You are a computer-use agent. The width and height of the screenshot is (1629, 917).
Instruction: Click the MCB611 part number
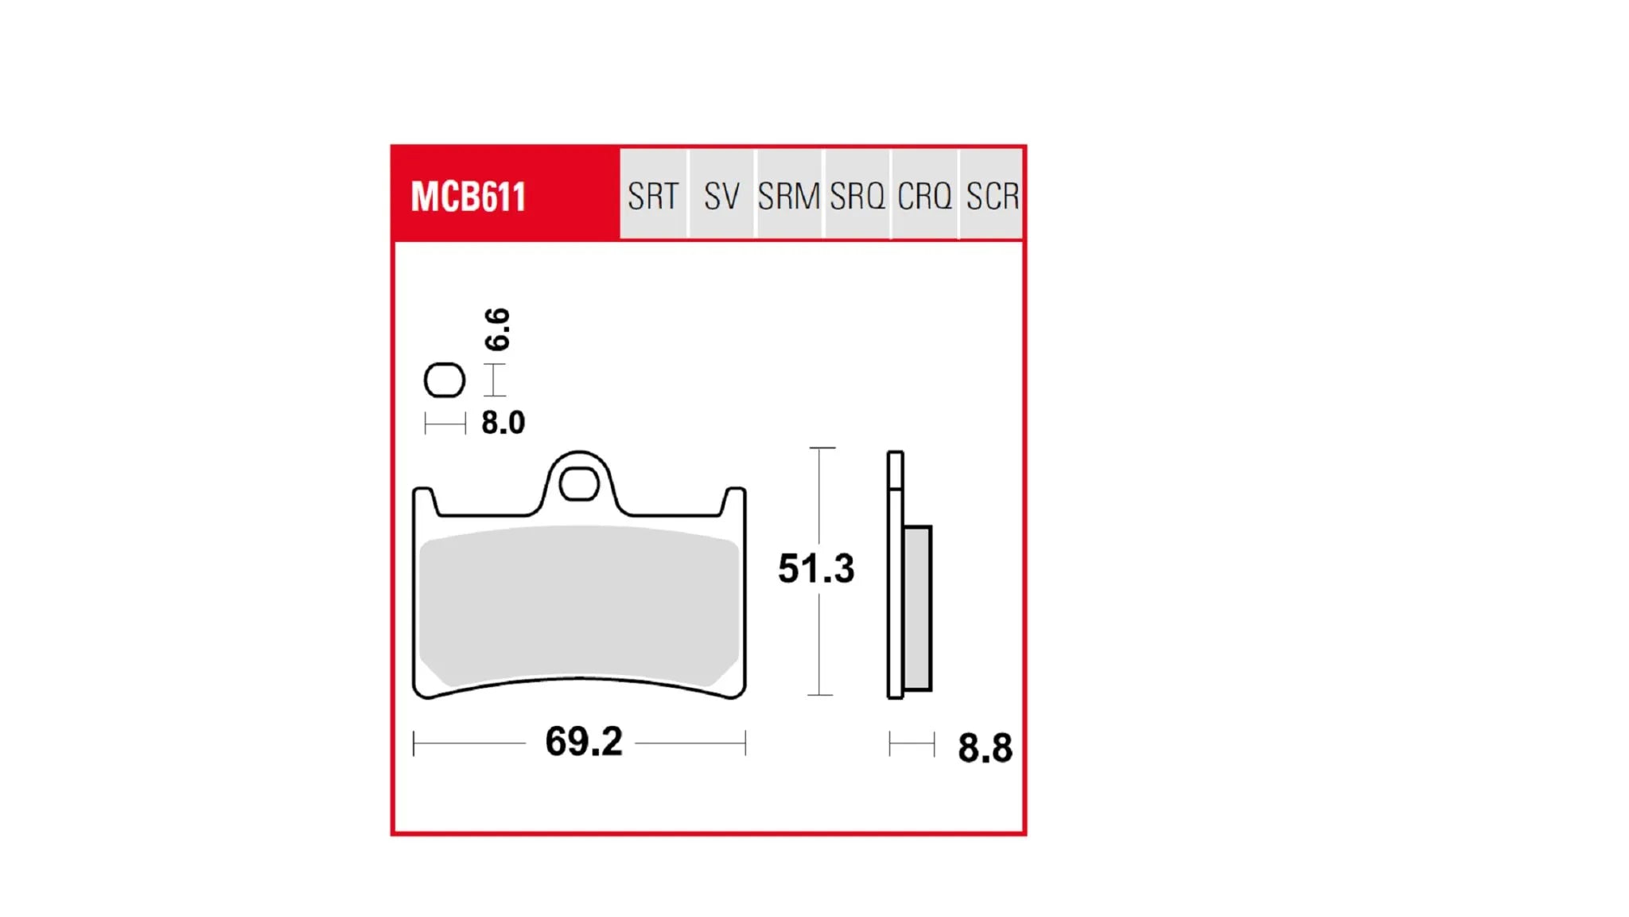(x=468, y=197)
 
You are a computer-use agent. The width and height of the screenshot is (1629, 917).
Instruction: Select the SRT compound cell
(x=653, y=196)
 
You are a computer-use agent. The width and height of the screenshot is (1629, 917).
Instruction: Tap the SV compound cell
(x=721, y=196)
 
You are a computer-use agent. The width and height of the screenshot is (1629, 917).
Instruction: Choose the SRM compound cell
(x=788, y=196)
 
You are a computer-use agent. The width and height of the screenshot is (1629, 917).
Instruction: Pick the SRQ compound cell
(x=857, y=196)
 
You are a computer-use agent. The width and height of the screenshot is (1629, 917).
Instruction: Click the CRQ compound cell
(x=924, y=196)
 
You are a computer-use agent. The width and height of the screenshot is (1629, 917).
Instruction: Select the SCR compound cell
(x=992, y=196)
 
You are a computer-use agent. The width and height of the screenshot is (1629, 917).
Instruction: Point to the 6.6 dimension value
(x=497, y=329)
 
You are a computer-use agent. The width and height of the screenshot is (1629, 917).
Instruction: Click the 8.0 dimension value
(x=503, y=423)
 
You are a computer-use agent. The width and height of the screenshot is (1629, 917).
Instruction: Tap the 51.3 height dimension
(x=816, y=568)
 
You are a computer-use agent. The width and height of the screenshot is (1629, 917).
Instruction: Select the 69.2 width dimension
(x=583, y=742)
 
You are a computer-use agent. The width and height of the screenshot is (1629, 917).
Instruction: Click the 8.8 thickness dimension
(x=985, y=748)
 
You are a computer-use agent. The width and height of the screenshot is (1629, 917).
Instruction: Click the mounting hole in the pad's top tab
(x=579, y=484)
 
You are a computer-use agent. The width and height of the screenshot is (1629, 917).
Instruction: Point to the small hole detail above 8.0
(x=444, y=380)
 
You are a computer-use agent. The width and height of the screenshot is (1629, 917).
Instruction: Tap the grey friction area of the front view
(x=579, y=605)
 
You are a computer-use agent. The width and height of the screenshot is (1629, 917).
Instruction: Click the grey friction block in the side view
(x=917, y=607)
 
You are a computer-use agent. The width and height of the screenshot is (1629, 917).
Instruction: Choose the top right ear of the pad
(x=734, y=501)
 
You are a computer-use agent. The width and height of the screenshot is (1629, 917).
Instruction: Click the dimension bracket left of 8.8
(x=912, y=745)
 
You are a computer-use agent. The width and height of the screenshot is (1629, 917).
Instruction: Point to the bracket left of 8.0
(x=445, y=423)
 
